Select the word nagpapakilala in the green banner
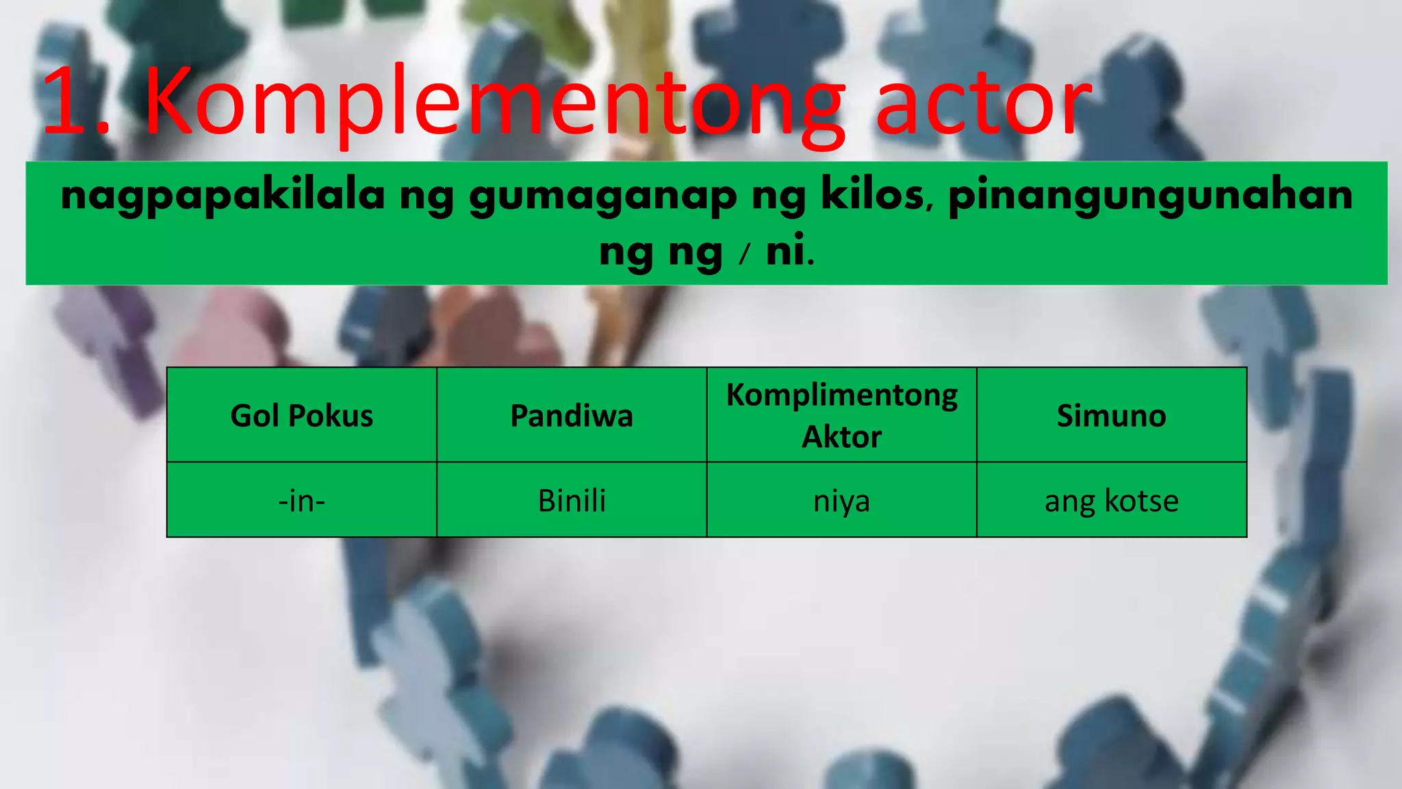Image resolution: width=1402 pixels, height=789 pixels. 223,196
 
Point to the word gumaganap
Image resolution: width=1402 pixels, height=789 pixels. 603,196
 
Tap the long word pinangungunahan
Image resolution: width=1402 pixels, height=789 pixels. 1150,196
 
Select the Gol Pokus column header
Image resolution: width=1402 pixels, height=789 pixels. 302,416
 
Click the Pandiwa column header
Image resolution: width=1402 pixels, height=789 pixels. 572,416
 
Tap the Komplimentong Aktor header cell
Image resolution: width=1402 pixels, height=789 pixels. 841,416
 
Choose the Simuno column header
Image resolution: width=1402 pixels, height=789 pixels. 1111,416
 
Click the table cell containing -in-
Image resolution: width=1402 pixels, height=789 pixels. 302,501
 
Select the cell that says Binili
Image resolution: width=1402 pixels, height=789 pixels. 572,501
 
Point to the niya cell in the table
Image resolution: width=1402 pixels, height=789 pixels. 841,501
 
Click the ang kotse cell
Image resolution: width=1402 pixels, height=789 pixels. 1111,501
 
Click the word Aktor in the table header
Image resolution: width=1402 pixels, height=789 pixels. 841,437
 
